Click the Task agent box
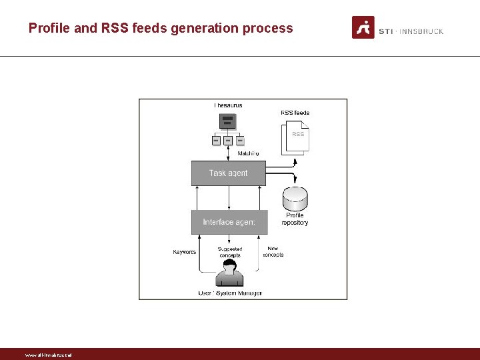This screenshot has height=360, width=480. pyautogui.click(x=228, y=173)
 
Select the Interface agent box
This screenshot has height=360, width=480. pyautogui.click(x=229, y=222)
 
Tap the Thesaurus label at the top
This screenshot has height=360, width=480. pyautogui.click(x=228, y=105)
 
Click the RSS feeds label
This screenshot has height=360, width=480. pyautogui.click(x=295, y=113)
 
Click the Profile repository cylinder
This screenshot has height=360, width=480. pyautogui.click(x=295, y=199)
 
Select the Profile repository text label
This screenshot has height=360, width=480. pyautogui.click(x=295, y=219)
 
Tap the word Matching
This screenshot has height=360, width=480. pyautogui.click(x=248, y=153)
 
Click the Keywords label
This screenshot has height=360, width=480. pyautogui.click(x=185, y=252)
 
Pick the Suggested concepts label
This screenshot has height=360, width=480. pyautogui.click(x=230, y=252)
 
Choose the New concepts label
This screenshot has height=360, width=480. pyautogui.click(x=273, y=252)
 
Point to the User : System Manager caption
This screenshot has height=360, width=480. pyautogui.click(x=230, y=293)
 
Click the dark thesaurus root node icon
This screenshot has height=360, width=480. pyautogui.click(x=228, y=121)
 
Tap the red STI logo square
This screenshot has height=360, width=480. pyautogui.click(x=363, y=27)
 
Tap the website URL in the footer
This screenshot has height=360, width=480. pyautogui.click(x=48, y=355)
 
